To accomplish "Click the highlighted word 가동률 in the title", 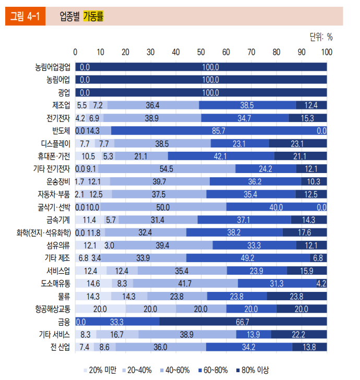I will coord(93,16).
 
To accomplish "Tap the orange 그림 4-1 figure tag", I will coord(25,17).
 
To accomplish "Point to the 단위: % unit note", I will coord(321,37).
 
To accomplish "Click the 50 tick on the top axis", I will coord(201,52).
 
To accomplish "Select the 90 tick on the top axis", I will coord(302,52).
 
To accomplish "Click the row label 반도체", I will coord(61,131).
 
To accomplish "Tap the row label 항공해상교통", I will coord(52,309).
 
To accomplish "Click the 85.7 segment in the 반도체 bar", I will coord(219,131).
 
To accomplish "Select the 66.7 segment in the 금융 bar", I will coord(243,322).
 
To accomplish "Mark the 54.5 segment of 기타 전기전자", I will coord(166,169).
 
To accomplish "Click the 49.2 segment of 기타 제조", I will coord(247,258).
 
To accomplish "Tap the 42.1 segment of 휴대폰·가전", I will coord(221,156).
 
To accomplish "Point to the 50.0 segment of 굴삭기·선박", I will coord(163,207).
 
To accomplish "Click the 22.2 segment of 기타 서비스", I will coord(299,334).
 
